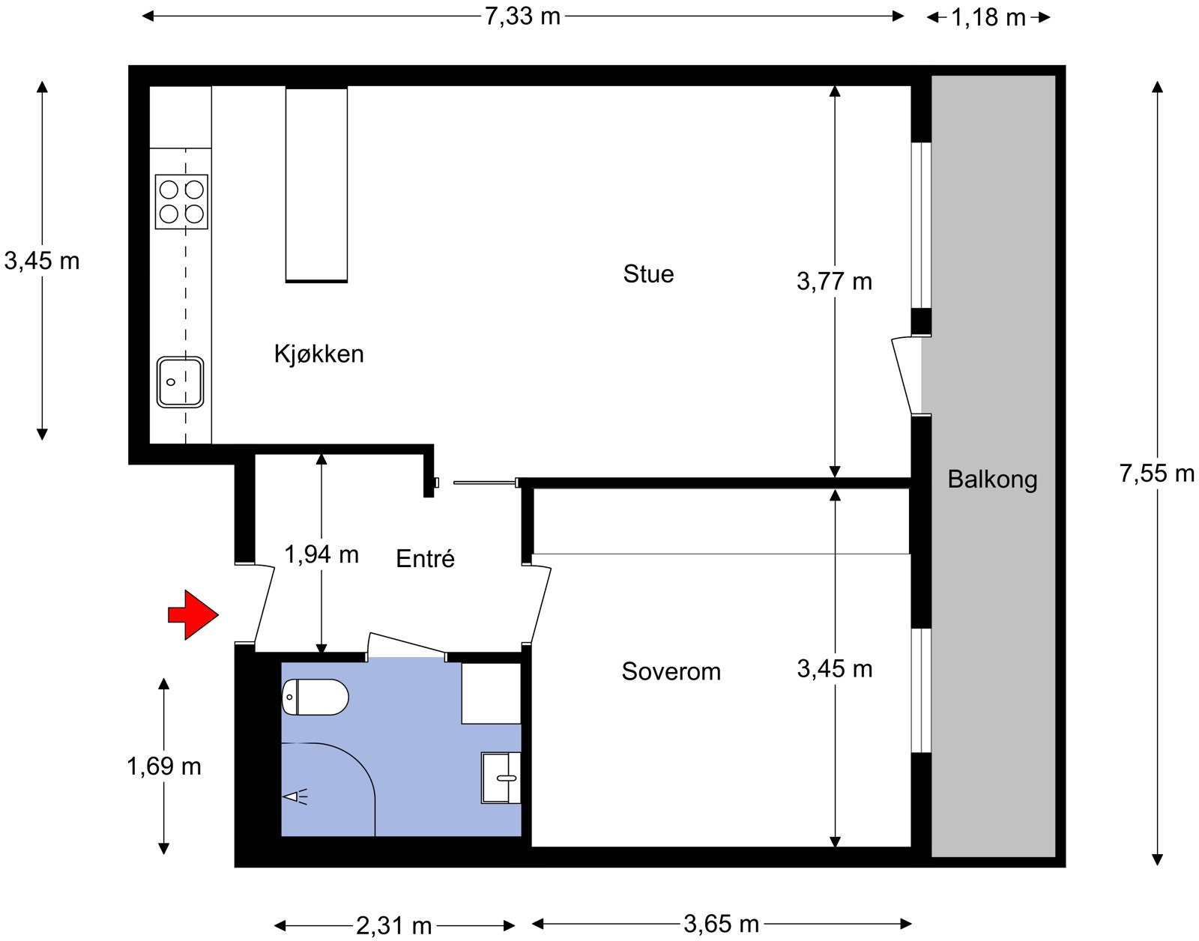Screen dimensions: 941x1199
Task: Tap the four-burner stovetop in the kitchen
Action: (x=181, y=202)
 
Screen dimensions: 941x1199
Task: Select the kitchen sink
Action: (x=180, y=382)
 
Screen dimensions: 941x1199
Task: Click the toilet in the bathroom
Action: (x=315, y=697)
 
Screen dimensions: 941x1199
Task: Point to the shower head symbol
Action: (x=295, y=796)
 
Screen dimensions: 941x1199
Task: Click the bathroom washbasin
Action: (x=501, y=778)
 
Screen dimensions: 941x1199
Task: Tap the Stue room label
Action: (x=648, y=274)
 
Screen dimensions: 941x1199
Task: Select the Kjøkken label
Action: (x=318, y=354)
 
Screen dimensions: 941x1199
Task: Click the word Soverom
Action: (x=671, y=671)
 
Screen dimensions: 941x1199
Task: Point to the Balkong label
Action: (x=992, y=479)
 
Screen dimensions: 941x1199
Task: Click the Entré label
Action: (x=425, y=559)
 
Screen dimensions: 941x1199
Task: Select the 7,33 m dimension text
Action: (x=522, y=16)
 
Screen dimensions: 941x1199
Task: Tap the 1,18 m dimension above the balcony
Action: (x=988, y=17)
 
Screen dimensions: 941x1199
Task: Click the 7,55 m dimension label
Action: (x=1156, y=473)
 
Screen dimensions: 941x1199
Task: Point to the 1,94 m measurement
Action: (x=321, y=554)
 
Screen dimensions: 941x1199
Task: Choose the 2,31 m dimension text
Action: (x=393, y=926)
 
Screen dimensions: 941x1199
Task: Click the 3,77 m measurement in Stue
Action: (x=834, y=282)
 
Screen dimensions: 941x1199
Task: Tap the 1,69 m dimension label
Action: (x=163, y=766)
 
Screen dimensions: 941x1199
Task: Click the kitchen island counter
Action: (x=316, y=184)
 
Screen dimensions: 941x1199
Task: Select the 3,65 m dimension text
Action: (x=721, y=924)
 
